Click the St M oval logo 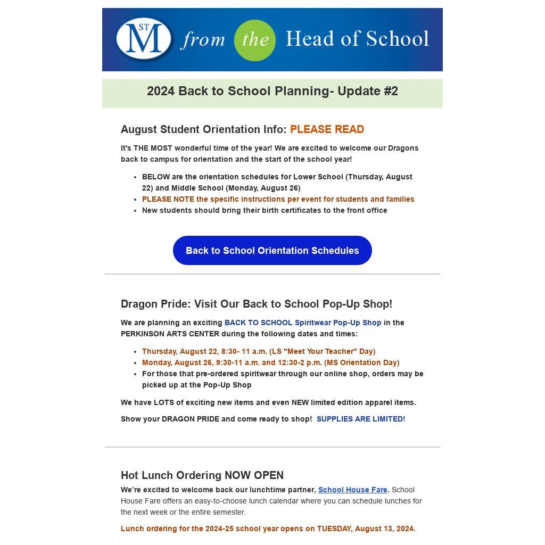tap(144, 39)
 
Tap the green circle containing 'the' tap(255, 40)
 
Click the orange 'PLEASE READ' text tap(327, 129)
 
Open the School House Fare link tap(352, 490)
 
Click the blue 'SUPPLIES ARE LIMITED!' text tap(360, 419)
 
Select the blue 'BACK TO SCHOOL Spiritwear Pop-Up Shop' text tap(302, 323)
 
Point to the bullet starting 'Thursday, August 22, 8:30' tap(259, 351)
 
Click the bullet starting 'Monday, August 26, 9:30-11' tap(270, 362)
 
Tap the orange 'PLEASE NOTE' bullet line tap(278, 199)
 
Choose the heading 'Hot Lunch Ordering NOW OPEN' tap(202, 475)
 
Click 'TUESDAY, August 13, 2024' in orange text tap(365, 529)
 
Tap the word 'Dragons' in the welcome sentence tap(403, 148)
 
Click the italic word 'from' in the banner tap(202, 40)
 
